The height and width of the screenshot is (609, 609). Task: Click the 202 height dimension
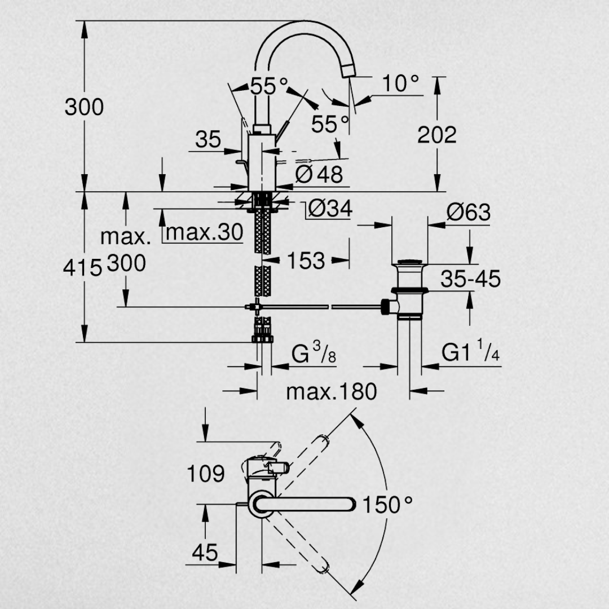[x=437, y=135]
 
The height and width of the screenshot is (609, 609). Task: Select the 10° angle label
[x=400, y=83]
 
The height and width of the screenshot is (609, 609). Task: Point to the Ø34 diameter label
[x=330, y=209]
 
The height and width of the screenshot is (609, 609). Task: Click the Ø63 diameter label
[x=469, y=213]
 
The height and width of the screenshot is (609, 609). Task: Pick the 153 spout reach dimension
[x=306, y=261]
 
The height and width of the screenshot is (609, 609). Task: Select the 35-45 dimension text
[x=470, y=279]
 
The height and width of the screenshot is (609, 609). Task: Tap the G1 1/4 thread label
[x=470, y=351]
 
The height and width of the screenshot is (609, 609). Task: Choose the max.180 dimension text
[x=332, y=391]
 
